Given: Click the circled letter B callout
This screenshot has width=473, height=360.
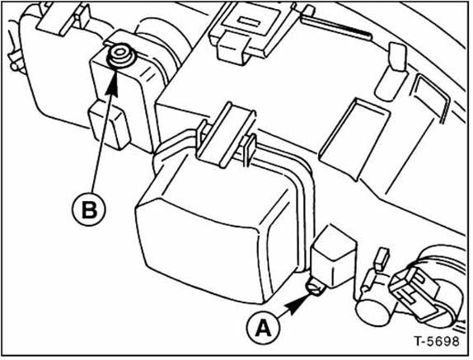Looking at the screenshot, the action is tap(89, 209).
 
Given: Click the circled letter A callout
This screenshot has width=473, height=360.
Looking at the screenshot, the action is tap(264, 328).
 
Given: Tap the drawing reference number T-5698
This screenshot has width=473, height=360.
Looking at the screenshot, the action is tap(437, 341).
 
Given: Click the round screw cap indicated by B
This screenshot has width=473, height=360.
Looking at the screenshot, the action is tap(120, 56).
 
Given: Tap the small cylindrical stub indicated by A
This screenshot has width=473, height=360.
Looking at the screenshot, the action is tap(316, 287).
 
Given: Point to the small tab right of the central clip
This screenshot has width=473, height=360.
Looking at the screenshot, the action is tap(250, 151).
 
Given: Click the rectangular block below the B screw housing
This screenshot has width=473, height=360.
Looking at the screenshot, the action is tap(109, 125).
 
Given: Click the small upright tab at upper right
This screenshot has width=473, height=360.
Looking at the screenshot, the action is tap(391, 72).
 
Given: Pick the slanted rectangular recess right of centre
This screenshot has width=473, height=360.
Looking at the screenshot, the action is tap(354, 138).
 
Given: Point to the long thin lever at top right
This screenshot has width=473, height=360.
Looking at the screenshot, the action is tap(335, 26).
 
